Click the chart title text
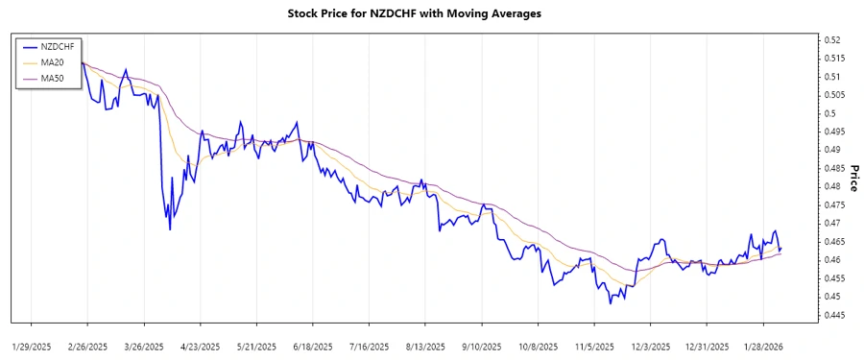click(x=414, y=13)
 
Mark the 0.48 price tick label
click(x=831, y=186)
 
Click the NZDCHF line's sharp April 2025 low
click(x=170, y=228)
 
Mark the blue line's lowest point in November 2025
click(x=610, y=303)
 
